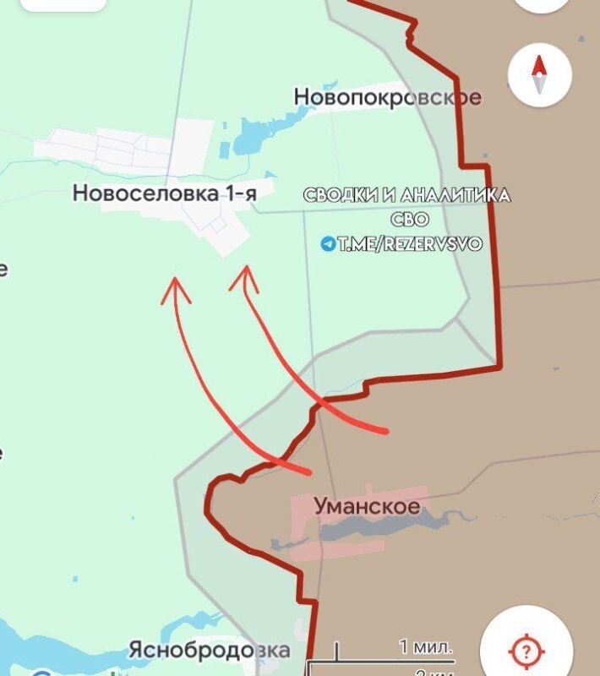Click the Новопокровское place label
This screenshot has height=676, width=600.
pyautogui.click(x=388, y=97)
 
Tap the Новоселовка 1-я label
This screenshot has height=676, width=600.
pyautogui.click(x=165, y=194)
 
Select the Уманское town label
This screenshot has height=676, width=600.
pyautogui.click(x=367, y=507)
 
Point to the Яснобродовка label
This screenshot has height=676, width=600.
pyautogui.click(x=209, y=651)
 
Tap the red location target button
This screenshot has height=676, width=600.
pyautogui.click(x=525, y=650)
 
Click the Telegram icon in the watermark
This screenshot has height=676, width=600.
pyautogui.click(x=328, y=244)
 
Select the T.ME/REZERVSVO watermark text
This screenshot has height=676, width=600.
pyautogui.click(x=410, y=244)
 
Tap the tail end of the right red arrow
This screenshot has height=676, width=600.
pyautogui.click(x=385, y=432)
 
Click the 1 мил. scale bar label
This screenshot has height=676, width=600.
pyautogui.click(x=426, y=647)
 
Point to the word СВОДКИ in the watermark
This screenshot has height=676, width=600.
pyautogui.click(x=340, y=195)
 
